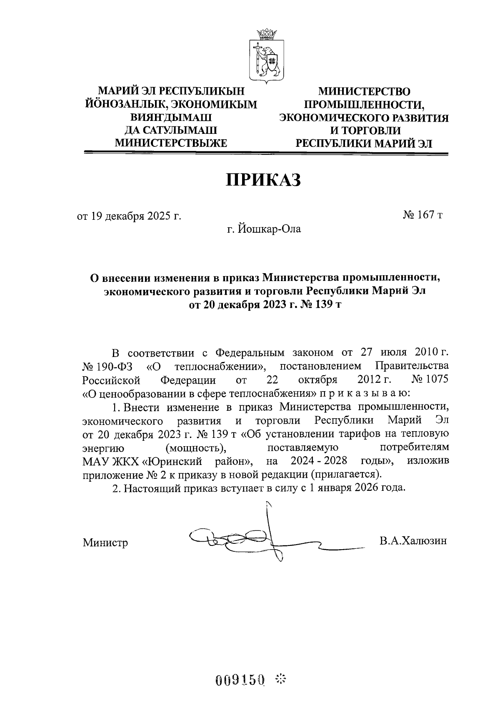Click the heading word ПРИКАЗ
(x=263, y=180)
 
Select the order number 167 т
(x=422, y=215)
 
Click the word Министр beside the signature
(x=105, y=543)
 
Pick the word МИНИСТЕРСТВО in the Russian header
(x=364, y=91)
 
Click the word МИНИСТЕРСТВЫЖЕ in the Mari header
(x=170, y=143)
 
